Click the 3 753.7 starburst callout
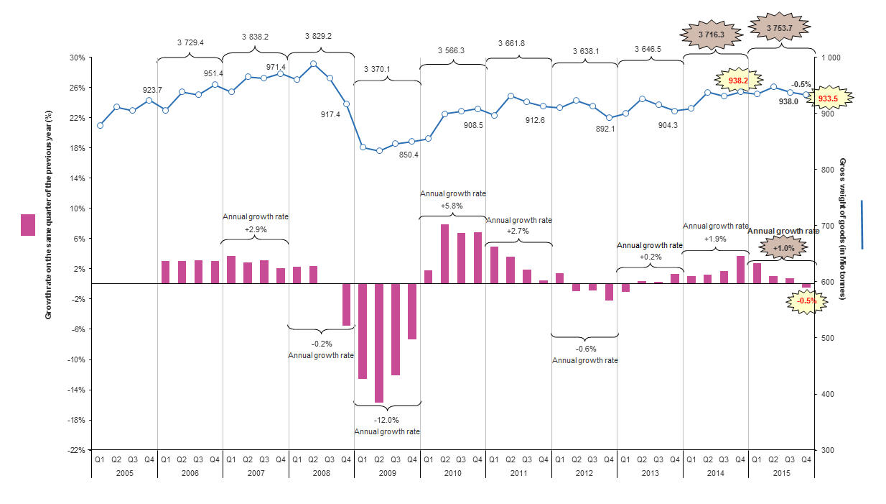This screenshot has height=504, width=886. (x=780, y=28)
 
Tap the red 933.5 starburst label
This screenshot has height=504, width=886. (x=828, y=98)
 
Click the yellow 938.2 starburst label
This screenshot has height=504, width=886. (x=738, y=81)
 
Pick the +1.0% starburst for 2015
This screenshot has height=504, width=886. (x=783, y=248)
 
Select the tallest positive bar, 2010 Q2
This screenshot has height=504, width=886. (x=445, y=254)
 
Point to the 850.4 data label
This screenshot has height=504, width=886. (x=409, y=155)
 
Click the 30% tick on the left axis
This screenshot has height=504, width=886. (x=77, y=58)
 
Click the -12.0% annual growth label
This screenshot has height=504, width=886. (x=387, y=420)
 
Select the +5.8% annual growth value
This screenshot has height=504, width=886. (x=453, y=206)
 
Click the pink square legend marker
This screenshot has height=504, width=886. (x=28, y=225)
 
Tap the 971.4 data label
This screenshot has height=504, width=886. (x=276, y=66)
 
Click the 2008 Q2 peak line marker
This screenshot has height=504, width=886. (x=313, y=63)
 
